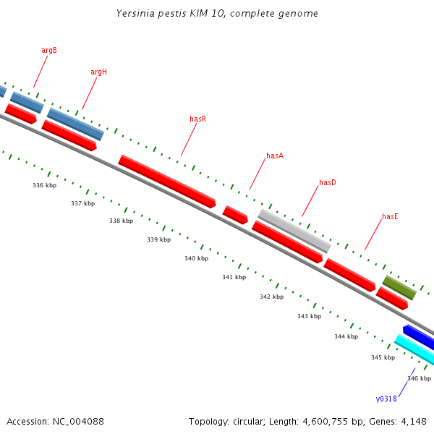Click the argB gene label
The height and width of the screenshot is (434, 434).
pyautogui.click(x=49, y=50)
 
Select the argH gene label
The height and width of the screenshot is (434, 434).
pyautogui.click(x=98, y=72)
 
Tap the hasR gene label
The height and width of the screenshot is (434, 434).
pyautogui.click(x=197, y=118)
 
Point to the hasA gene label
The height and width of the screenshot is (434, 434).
pyautogui.click(x=275, y=156)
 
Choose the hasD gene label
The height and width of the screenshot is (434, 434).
pyautogui.click(x=328, y=182)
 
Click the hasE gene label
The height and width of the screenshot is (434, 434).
pyautogui.click(x=391, y=216)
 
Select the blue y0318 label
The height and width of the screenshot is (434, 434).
pyautogui.click(x=386, y=399)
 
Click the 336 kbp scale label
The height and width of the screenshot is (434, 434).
pyautogui.click(x=45, y=185)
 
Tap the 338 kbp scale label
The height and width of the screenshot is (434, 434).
pyautogui.click(x=121, y=221)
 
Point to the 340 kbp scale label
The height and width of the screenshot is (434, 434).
pyautogui.click(x=196, y=258)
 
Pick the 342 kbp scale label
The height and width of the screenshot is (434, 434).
pyautogui.click(x=271, y=297)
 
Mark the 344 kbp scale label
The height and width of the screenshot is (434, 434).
pyautogui.click(x=346, y=336)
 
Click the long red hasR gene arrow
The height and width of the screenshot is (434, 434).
pyautogui.click(x=167, y=182)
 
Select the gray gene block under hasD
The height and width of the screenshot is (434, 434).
pyautogui.click(x=294, y=231)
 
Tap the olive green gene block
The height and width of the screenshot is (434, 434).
pyautogui.click(x=399, y=287)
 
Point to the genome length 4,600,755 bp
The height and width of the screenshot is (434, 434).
pyautogui.click(x=307, y=421)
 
